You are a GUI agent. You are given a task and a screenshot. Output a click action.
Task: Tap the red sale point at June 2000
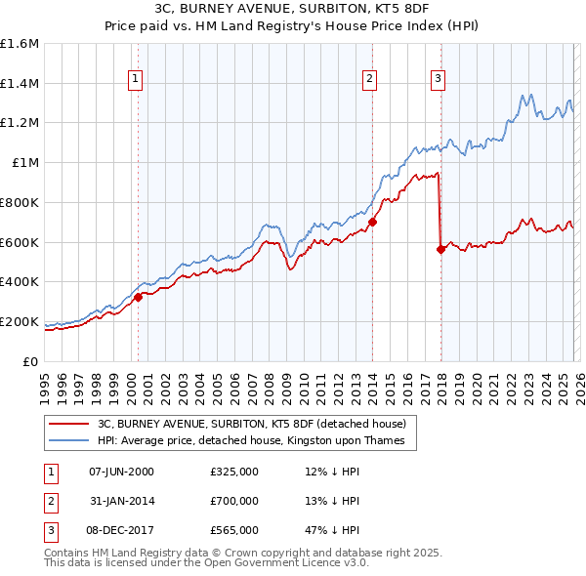pyautogui.click(x=138, y=297)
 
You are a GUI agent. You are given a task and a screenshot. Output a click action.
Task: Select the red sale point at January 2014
pyautogui.click(x=373, y=222)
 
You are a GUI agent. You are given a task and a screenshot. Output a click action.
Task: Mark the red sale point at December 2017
pyautogui.click(x=440, y=249)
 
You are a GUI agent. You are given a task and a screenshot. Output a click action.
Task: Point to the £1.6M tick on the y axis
pyautogui.click(x=20, y=44)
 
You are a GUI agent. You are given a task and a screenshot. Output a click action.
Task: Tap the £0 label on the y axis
pyautogui.click(x=31, y=361)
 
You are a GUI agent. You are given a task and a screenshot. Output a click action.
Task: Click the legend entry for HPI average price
pyautogui.click(x=257, y=441)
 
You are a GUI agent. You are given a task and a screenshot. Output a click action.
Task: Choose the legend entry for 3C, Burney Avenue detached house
pyautogui.click(x=257, y=424)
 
